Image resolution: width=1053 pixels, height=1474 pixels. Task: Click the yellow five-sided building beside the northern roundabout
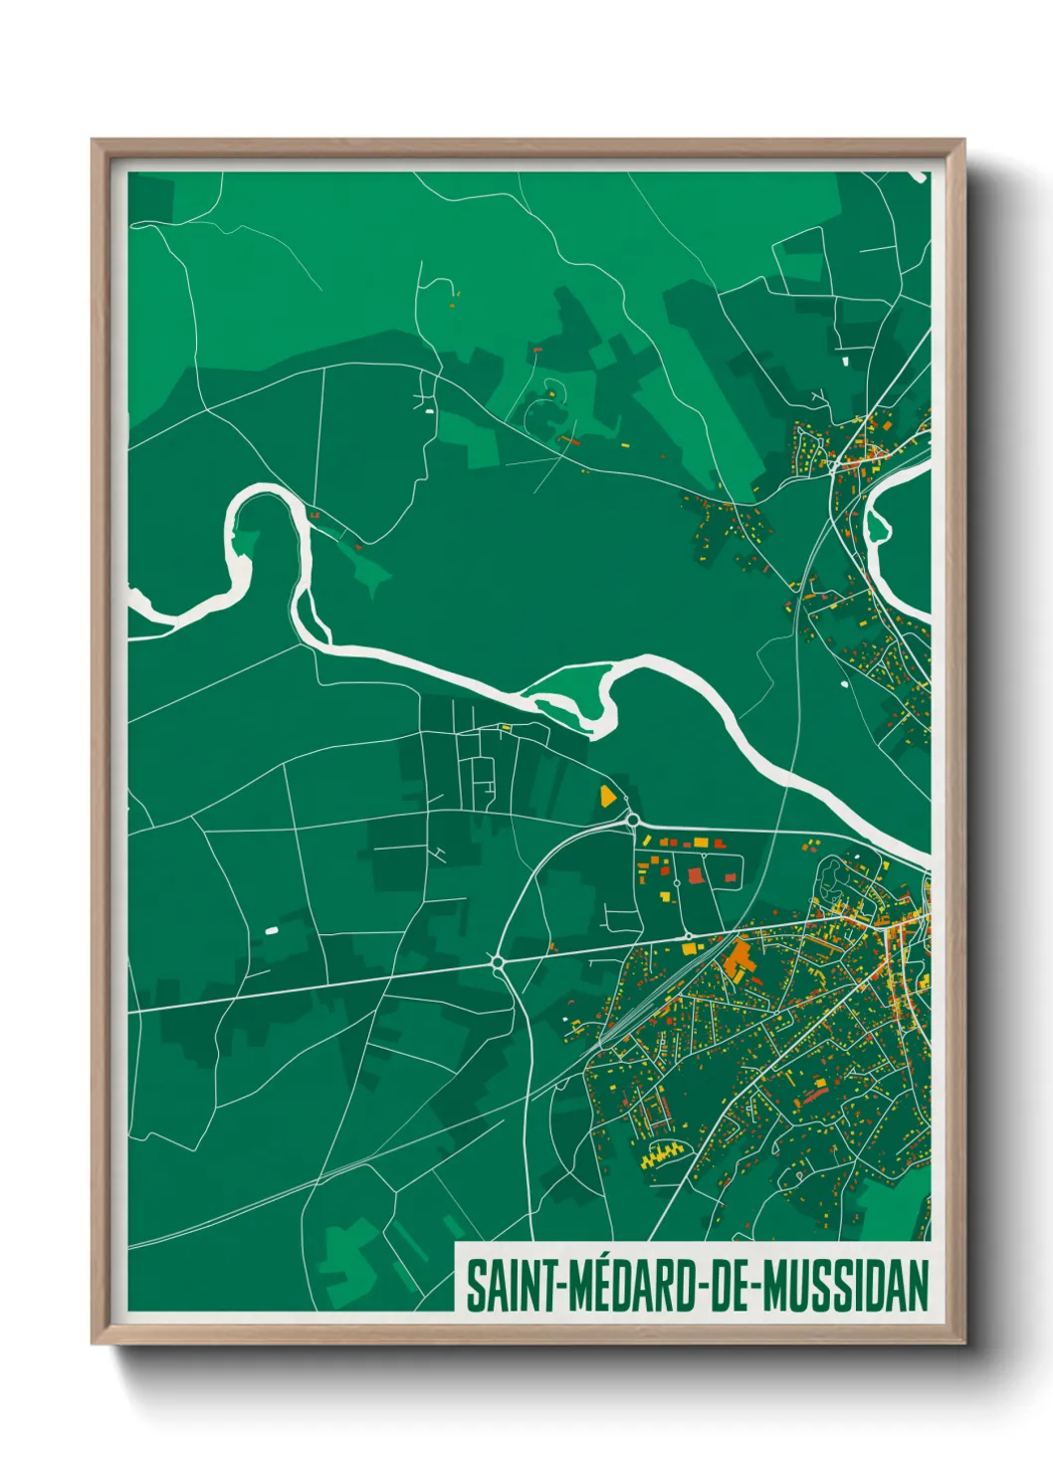click(x=606, y=796)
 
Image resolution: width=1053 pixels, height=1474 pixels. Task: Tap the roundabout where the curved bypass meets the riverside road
click(x=632, y=820)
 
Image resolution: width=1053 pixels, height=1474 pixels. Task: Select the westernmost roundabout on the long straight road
click(x=497, y=961)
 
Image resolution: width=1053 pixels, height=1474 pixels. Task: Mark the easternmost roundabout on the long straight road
click(x=687, y=935)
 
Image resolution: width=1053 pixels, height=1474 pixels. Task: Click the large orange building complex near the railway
click(x=738, y=959)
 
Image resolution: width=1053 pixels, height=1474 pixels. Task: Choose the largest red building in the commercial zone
click(x=695, y=875)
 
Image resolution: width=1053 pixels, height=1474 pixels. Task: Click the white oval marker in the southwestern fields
click(x=272, y=930)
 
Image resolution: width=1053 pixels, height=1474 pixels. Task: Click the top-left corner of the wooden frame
click(x=93, y=140)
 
